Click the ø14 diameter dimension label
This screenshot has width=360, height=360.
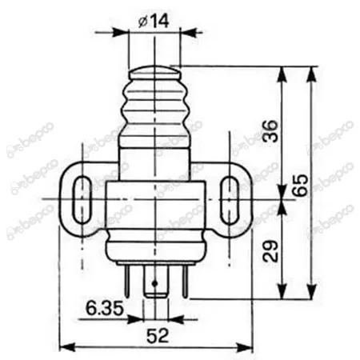click(x=154, y=21)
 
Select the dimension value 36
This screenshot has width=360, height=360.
click(x=270, y=131)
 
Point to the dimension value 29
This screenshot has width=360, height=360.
click(x=270, y=251)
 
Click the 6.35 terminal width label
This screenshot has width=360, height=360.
click(x=105, y=308)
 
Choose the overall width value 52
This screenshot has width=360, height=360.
click(x=158, y=335)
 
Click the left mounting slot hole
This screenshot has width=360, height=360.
click(x=82, y=199)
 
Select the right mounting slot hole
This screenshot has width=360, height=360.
click(x=230, y=199)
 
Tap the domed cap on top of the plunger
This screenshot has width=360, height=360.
click(x=154, y=72)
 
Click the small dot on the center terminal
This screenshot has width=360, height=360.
click(x=154, y=283)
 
